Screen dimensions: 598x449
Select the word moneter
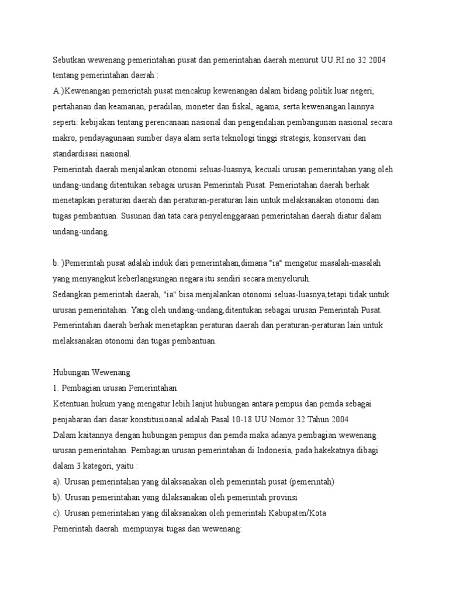[x=204, y=108]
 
